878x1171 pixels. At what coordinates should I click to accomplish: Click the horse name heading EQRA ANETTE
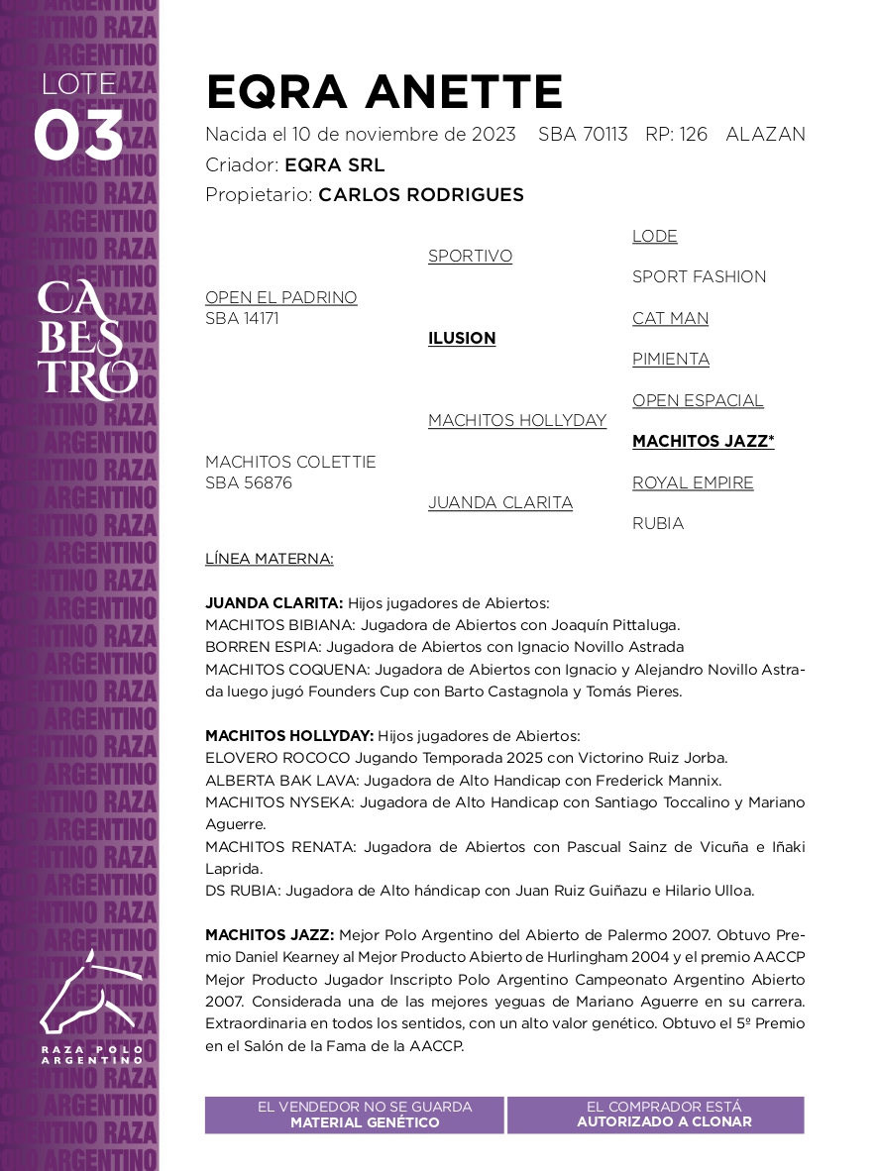click(x=384, y=93)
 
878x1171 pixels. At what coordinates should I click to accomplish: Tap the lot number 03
click(x=78, y=137)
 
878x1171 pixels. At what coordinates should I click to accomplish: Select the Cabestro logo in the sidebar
click(x=87, y=341)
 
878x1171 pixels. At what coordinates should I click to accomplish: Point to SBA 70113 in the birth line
click(x=583, y=135)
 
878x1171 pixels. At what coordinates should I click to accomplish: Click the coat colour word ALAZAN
click(x=765, y=135)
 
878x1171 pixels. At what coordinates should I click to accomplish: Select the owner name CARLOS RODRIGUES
click(x=420, y=195)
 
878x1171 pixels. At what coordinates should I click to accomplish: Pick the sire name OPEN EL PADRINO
click(x=280, y=297)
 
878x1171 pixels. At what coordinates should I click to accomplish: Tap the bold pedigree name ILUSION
click(x=462, y=338)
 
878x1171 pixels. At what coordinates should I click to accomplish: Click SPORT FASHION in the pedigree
click(x=699, y=276)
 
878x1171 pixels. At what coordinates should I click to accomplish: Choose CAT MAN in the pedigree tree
click(x=670, y=318)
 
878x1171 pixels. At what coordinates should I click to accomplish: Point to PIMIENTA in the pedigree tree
click(x=670, y=359)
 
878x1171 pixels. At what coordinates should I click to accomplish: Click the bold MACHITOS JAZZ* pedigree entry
click(x=703, y=441)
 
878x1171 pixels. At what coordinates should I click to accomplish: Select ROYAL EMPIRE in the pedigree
click(x=693, y=482)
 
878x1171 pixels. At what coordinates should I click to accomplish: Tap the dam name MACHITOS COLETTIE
click(x=290, y=462)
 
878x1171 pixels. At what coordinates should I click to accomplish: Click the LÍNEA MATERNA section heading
click(x=269, y=559)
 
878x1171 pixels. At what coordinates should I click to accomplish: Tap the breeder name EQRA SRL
click(x=334, y=165)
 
